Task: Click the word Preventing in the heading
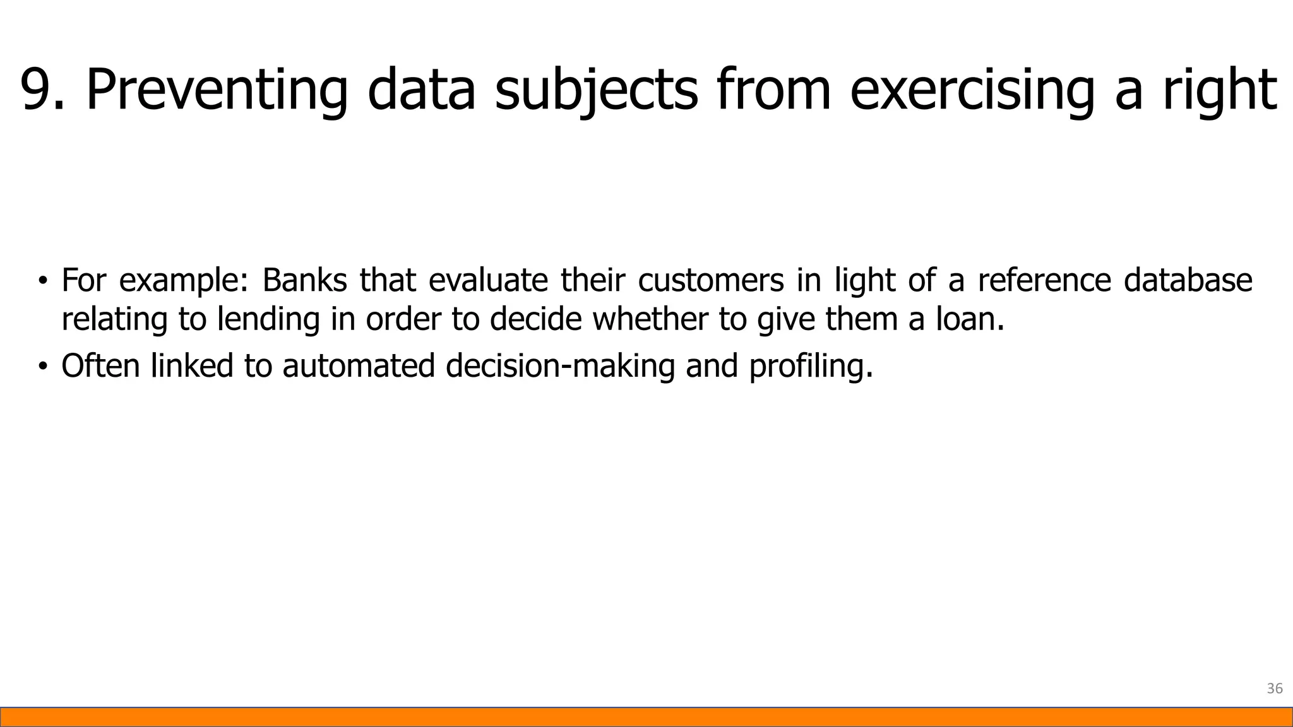point(217,90)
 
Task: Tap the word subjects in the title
point(596,90)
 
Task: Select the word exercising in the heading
point(972,90)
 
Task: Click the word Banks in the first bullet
point(304,280)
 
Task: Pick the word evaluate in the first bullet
point(488,280)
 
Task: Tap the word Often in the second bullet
point(100,365)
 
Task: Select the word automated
point(359,365)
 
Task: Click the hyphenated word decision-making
point(560,366)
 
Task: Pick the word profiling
point(811,366)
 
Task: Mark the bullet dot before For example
point(42,281)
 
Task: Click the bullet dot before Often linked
point(42,366)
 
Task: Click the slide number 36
point(1275,689)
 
